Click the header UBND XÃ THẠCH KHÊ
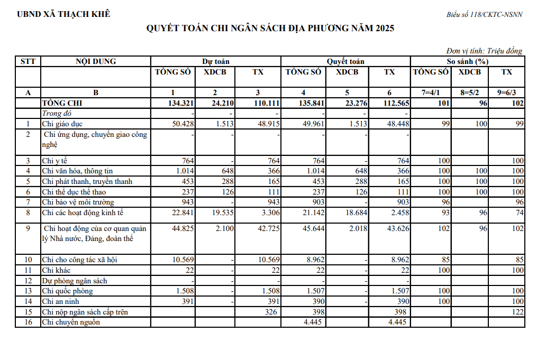[63, 14]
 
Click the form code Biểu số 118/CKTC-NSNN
[484, 14]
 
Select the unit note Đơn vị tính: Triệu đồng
[484, 51]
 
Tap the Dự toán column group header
[215, 61]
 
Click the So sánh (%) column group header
[467, 61]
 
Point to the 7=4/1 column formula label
[431, 93]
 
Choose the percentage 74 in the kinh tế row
[519, 213]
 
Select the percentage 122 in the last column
[517, 312]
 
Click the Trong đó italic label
[56, 113]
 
